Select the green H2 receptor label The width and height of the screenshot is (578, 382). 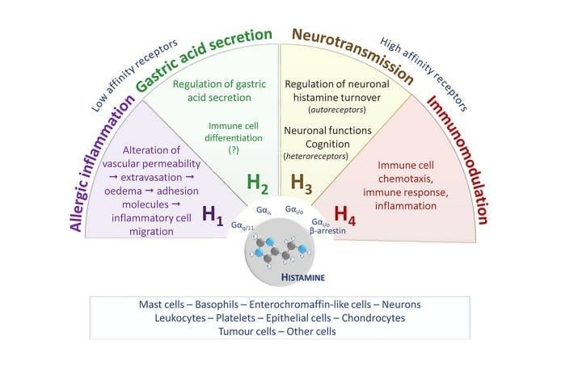(x=259, y=184)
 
